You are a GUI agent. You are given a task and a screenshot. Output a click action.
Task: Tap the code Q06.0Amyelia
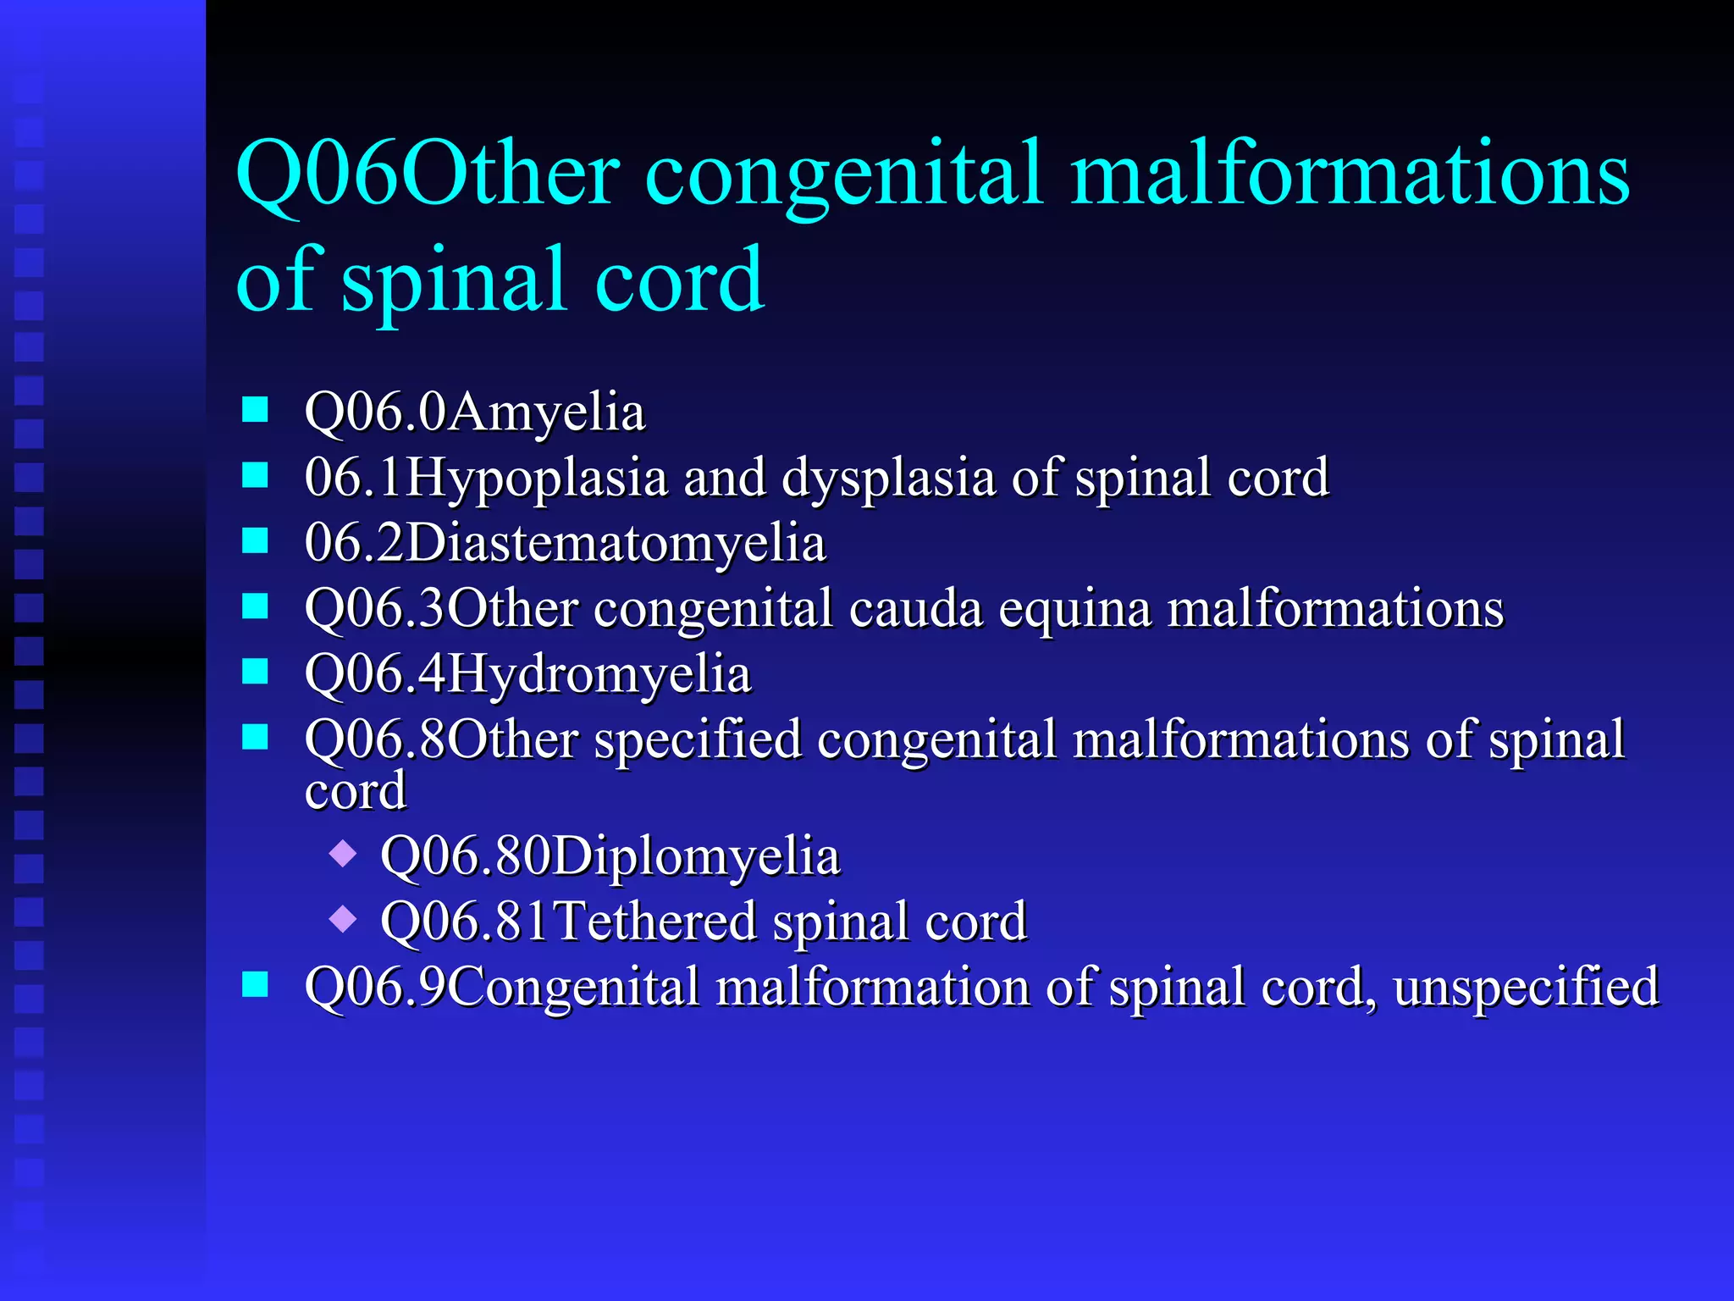[474, 412]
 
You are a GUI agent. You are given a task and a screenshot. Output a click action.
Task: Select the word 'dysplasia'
[888, 478]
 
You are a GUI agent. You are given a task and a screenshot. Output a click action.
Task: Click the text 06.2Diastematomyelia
[565, 543]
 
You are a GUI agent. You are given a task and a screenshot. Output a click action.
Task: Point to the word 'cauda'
[915, 608]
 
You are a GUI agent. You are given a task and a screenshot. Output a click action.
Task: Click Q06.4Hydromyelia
[527, 674]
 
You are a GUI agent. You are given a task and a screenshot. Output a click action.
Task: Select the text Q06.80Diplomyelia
[610, 855]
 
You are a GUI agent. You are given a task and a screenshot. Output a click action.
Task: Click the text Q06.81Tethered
[568, 922]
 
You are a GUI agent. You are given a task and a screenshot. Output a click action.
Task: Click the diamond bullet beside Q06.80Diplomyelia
[343, 852]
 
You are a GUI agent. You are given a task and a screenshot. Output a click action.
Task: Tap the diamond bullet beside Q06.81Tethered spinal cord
[343, 918]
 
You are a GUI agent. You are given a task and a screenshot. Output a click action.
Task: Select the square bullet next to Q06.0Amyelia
[255, 410]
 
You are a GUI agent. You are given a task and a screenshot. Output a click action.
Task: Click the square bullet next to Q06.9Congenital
[255, 984]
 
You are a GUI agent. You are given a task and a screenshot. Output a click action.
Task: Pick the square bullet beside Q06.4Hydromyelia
[255, 672]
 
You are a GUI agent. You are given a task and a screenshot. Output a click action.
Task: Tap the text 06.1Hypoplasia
[486, 478]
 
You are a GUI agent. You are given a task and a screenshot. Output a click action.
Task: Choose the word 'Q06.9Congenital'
[501, 988]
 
